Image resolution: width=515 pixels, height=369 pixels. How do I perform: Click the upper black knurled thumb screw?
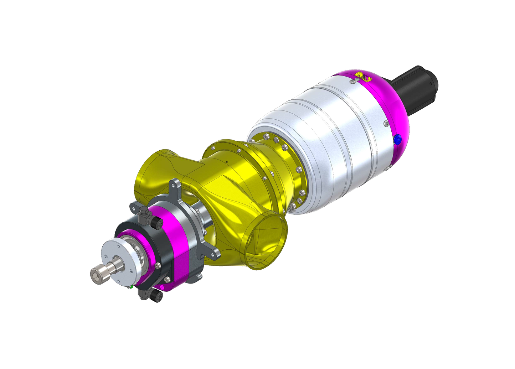coord(156,223)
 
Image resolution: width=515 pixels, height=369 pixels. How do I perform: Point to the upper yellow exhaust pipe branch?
coord(153,171)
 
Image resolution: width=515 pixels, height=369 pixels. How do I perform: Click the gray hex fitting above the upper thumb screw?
coord(144,213)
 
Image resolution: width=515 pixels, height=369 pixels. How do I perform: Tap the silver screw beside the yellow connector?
coord(353,82)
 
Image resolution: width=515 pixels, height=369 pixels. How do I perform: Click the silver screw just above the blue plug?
coord(386,123)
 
